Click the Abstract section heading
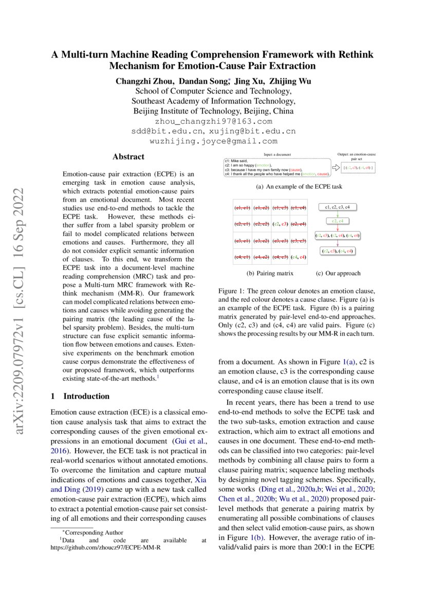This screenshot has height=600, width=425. point(128,157)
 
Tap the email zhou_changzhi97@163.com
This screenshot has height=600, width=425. point(213,122)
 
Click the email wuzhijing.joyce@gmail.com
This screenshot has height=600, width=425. point(213,141)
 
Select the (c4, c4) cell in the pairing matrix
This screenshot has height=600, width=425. point(298,256)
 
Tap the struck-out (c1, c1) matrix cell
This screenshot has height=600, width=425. point(242,208)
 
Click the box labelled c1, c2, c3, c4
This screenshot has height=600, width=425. point(337,207)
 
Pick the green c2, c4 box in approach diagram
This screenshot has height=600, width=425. point(337,221)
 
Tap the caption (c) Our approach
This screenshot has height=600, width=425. point(338,274)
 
